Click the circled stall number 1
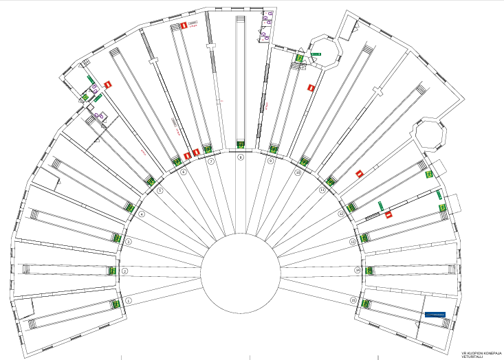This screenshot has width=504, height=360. (x=129, y=300)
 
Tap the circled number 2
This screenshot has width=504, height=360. (x=125, y=271)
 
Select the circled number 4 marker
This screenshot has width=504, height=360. (x=142, y=214)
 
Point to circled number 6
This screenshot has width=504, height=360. (x=184, y=173)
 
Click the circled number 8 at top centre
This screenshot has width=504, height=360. (x=240, y=157)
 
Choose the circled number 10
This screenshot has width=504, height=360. (x=298, y=173)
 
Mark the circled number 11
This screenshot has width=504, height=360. (x=322, y=190)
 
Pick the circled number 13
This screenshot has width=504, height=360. (x=353, y=242)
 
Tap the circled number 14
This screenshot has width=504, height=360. (x=358, y=271)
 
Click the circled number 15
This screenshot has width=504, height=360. (x=353, y=300)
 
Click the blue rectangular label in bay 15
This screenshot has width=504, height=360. (x=435, y=314)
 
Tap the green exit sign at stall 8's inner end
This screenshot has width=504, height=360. (x=241, y=144)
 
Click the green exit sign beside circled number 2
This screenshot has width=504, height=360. (x=111, y=271)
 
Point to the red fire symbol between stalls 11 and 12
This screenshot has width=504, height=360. (x=359, y=174)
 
